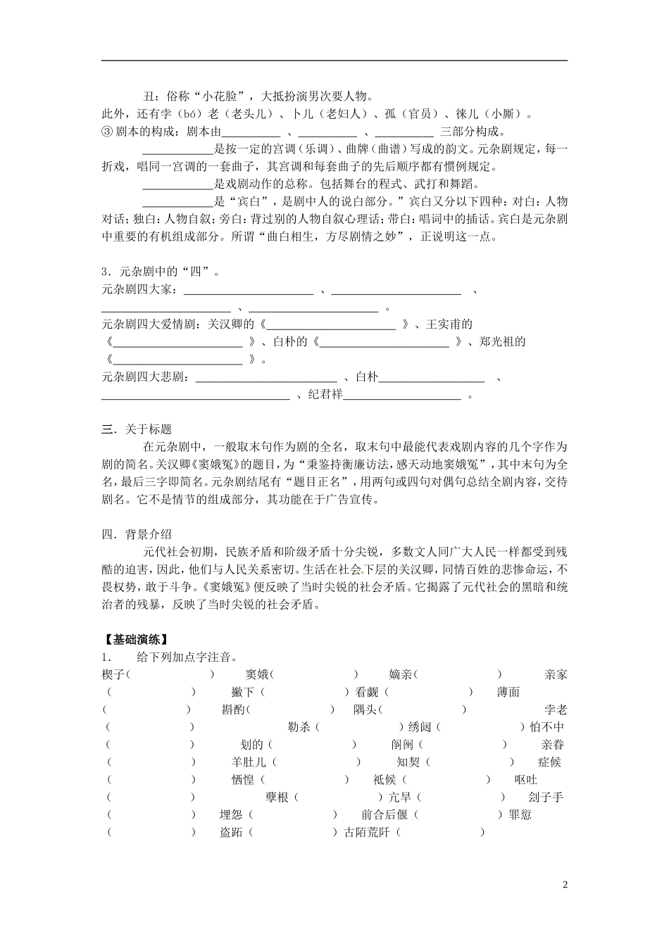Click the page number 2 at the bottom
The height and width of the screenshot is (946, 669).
point(565,883)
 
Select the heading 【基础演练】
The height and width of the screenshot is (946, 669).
point(135,640)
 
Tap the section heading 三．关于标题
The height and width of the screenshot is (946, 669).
point(137,430)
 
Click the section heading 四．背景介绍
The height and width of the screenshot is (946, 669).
point(137,534)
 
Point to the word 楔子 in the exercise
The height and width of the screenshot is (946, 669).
point(113,674)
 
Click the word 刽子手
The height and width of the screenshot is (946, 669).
point(545,797)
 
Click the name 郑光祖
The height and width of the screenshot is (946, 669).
point(502,342)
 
